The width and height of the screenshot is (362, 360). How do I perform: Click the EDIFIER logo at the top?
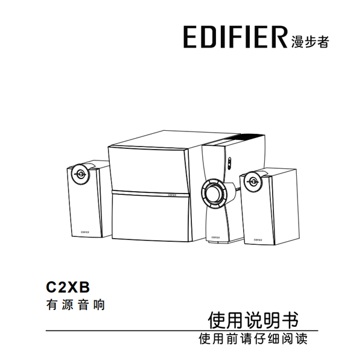(235, 37)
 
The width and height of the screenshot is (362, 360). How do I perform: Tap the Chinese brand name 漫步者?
(310, 42)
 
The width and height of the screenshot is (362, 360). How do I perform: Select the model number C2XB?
(68, 287)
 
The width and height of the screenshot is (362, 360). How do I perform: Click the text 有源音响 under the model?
(75, 305)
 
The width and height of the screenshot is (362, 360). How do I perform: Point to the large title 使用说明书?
(253, 320)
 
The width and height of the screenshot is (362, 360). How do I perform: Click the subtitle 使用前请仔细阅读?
(253, 339)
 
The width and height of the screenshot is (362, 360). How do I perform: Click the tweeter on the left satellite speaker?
(81, 174)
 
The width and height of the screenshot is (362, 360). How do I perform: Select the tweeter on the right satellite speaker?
(253, 182)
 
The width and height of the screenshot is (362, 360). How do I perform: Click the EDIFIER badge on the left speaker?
(84, 232)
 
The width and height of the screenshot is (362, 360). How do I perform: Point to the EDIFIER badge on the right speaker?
(258, 240)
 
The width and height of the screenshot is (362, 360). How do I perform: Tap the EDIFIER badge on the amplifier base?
(215, 237)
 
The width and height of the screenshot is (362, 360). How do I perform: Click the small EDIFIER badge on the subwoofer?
(172, 195)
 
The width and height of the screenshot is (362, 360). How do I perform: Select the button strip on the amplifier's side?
(229, 163)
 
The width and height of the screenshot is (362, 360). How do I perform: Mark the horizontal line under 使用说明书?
(182, 330)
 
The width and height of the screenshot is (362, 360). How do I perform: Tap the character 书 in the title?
(290, 320)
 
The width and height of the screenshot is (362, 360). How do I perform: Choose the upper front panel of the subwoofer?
(148, 170)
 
